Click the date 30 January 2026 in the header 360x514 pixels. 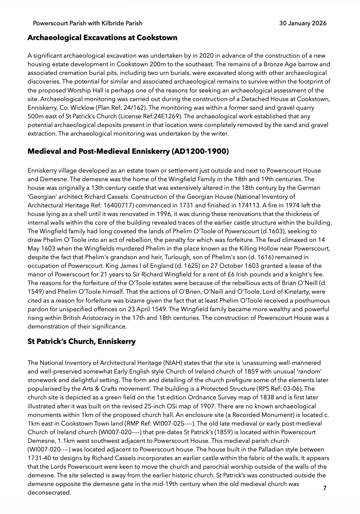(x=303, y=23)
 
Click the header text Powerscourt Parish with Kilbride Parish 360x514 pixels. (x=88, y=23)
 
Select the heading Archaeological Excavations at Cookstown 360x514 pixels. (x=102, y=38)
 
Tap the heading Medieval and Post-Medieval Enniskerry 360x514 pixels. (x=128, y=152)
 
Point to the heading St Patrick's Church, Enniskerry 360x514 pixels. (x=81, y=341)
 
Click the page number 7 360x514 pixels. (x=324, y=488)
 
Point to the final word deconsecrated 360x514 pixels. (x=49, y=492)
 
